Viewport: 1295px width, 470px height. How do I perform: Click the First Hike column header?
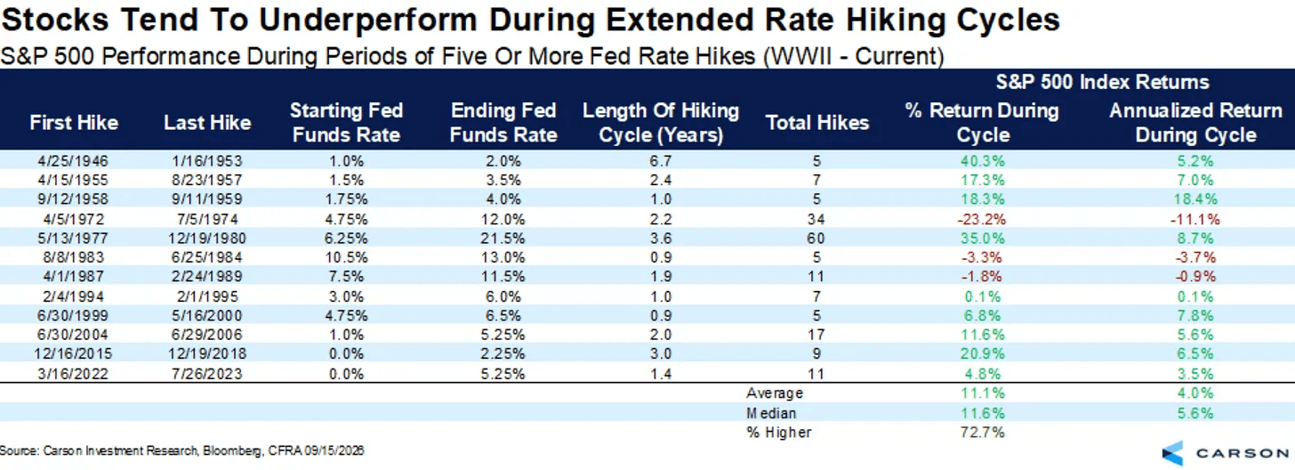pos(74,123)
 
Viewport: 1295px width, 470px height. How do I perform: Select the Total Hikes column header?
pos(816,123)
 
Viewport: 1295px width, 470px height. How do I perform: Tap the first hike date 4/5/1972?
pos(74,219)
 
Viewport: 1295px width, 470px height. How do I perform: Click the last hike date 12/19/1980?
pos(207,239)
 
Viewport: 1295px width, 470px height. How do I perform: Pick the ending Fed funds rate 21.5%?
pos(503,239)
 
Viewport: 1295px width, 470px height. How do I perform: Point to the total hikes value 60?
pos(816,239)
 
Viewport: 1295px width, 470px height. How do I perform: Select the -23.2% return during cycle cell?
pos(982,219)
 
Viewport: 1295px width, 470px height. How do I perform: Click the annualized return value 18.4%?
pos(1195,199)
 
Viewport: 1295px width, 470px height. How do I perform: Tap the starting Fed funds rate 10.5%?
pos(346,257)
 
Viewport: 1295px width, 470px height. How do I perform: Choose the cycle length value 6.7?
pos(660,161)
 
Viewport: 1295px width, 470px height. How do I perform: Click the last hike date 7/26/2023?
pos(207,374)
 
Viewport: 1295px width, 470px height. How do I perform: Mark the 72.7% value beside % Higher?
pos(982,433)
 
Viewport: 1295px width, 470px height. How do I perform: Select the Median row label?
pos(771,413)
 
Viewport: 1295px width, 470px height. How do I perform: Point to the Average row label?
pos(775,393)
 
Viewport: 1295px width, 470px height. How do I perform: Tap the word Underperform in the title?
pos(367,20)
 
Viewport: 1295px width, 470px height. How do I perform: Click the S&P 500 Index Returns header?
pos(1102,82)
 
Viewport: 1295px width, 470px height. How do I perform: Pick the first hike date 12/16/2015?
pos(73,353)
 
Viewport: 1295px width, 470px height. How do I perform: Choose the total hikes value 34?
pos(816,219)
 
